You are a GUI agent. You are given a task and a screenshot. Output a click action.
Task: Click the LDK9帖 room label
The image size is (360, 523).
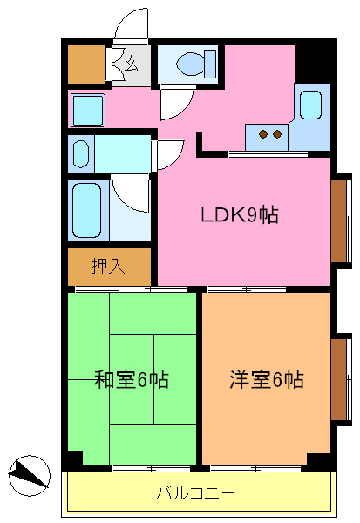pyautogui.click(x=241, y=215)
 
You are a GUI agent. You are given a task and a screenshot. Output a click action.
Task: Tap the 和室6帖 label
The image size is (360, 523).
pyautogui.click(x=132, y=379)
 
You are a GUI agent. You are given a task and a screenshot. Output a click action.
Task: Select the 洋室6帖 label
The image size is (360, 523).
pyautogui.click(x=267, y=379)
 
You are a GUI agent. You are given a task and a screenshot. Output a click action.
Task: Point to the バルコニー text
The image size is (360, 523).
pyautogui.click(x=195, y=493)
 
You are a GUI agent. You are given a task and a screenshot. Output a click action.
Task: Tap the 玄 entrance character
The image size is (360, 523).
pyautogui.click(x=131, y=63)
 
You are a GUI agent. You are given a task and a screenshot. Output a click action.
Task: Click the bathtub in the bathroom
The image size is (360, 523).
pyautogui.click(x=87, y=210)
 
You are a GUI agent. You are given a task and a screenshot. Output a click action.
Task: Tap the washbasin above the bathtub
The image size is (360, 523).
pyautogui.click(x=80, y=154)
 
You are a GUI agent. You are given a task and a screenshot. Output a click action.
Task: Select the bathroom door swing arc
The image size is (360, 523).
pyautogui.click(x=131, y=194)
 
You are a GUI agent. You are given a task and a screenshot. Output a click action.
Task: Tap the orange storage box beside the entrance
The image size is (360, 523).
pyautogui.click(x=86, y=62)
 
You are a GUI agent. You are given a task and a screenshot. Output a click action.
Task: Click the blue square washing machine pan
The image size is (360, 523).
pyautogui.click(x=87, y=110)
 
